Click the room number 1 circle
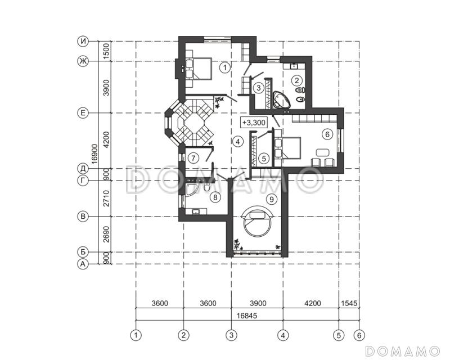pos(225,67)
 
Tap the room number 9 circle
pos(272,199)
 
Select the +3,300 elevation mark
pos(254,123)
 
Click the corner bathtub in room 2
pos(282,100)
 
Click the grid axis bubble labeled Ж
pos(83,61)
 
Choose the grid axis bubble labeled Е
pos(83,113)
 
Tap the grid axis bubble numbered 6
pos(359,335)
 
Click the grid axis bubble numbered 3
pos(231,335)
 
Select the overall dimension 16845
pos(247,316)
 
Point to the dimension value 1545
pos(349,303)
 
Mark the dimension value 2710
pos(106,199)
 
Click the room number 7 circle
pos(193,158)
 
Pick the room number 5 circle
pos(264,158)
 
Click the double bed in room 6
pos(287,147)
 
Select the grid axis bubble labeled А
pos(83,264)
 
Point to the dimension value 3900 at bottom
pos(258,303)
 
